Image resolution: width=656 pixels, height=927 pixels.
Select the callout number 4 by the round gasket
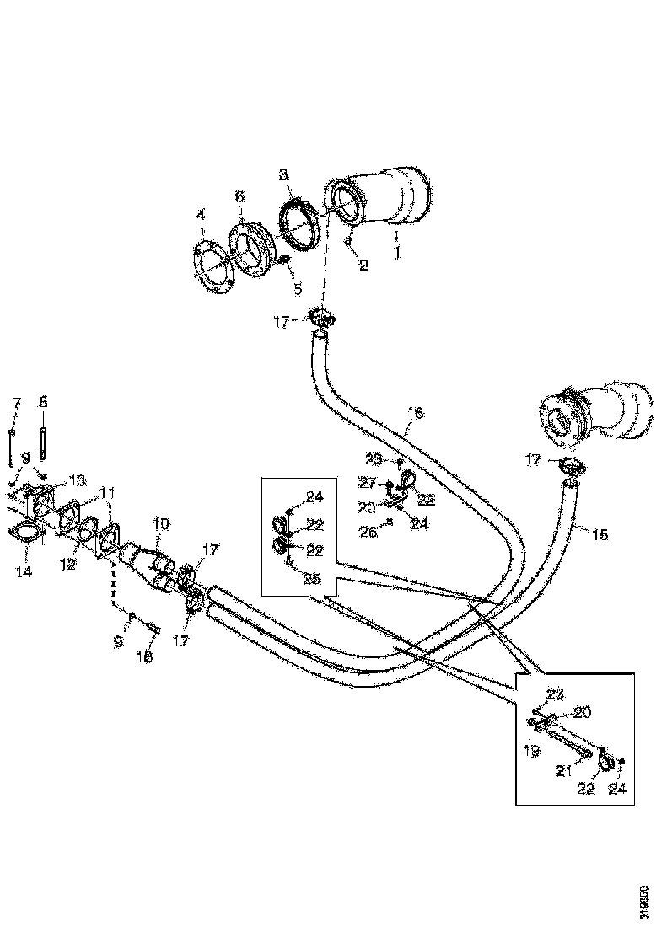[201, 216]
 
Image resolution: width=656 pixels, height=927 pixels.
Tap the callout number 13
[77, 480]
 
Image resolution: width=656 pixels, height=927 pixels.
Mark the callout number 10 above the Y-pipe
[160, 524]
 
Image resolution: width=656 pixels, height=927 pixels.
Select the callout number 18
[145, 656]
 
